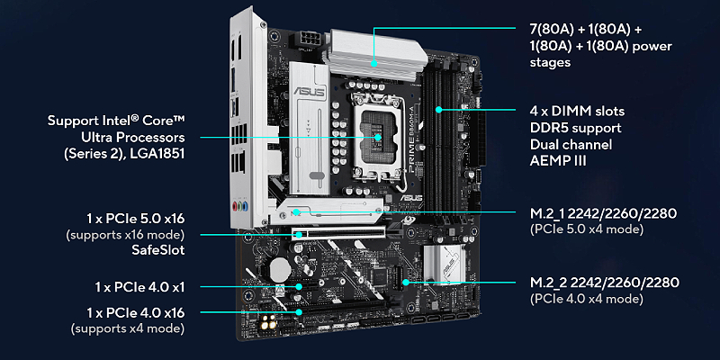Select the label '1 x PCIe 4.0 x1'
click(x=139, y=287)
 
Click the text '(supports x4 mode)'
click(x=128, y=328)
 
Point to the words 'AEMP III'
click(x=558, y=161)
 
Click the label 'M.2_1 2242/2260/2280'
click(x=603, y=213)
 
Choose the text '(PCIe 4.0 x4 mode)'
click(x=587, y=299)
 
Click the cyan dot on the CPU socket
click(x=377, y=137)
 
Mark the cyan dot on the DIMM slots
click(x=439, y=110)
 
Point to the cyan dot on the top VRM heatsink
click(x=374, y=63)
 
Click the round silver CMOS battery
click(x=278, y=268)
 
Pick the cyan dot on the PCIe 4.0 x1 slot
click(x=300, y=286)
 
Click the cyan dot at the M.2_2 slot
click(x=407, y=282)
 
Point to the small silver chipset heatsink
click(x=443, y=265)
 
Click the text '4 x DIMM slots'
click(x=577, y=111)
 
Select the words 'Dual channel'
click(x=571, y=144)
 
